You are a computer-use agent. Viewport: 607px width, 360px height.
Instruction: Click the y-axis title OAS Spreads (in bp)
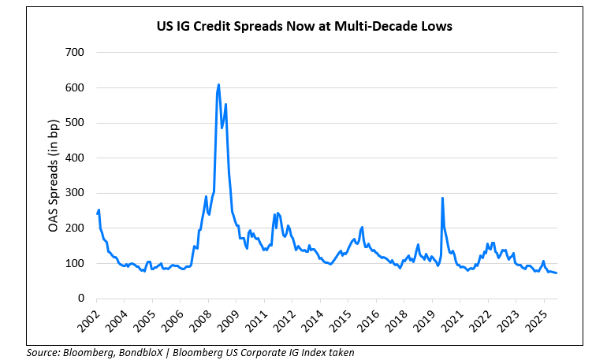(x=58, y=175)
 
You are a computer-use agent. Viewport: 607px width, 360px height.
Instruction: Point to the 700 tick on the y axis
(x=76, y=53)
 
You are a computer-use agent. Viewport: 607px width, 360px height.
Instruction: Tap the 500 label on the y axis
(x=76, y=123)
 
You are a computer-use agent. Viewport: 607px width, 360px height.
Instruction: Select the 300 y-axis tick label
(x=76, y=193)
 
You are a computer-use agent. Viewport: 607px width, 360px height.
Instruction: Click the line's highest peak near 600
(x=218, y=84)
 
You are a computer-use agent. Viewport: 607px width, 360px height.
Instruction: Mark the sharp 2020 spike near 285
(x=442, y=199)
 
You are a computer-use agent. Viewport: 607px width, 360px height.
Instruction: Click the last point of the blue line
(x=557, y=273)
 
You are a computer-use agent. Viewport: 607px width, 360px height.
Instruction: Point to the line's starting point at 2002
(x=96, y=214)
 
